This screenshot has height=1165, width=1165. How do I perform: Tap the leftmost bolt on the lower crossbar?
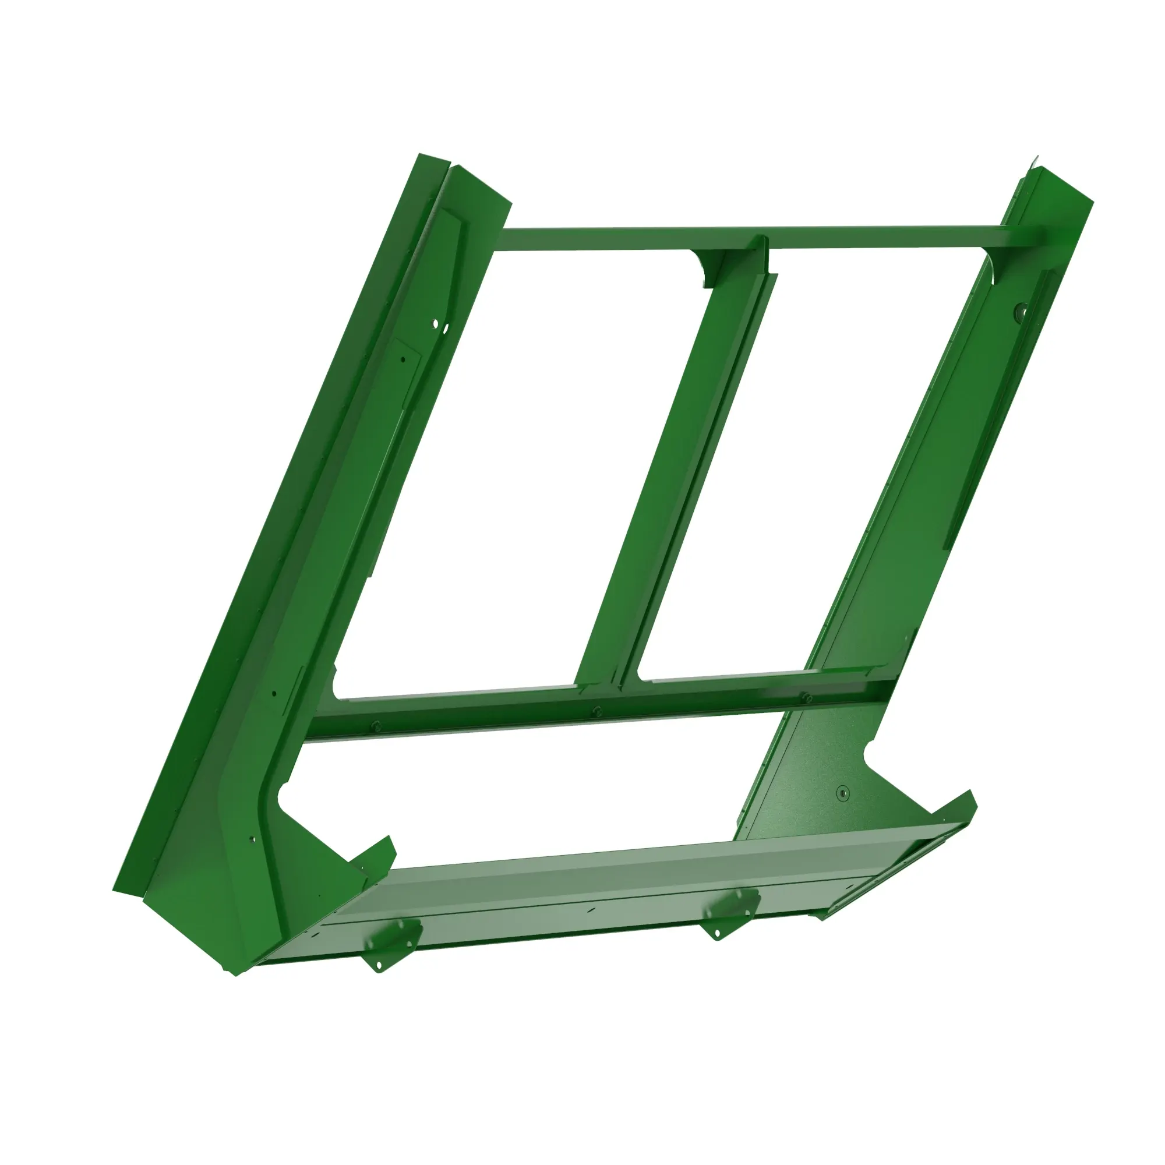click(x=376, y=725)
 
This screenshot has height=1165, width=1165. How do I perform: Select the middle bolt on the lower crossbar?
click(x=596, y=710)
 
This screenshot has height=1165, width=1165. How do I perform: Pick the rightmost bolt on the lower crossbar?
click(x=807, y=697)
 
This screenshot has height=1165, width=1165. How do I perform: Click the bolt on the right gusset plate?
click(x=843, y=792)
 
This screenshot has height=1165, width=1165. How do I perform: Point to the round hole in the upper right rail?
click(x=1021, y=311)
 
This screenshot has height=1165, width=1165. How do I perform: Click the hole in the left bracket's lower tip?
click(x=379, y=969)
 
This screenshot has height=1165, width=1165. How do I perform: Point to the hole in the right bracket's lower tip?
click(x=717, y=935)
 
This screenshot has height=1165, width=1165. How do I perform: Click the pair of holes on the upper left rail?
click(x=440, y=326)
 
